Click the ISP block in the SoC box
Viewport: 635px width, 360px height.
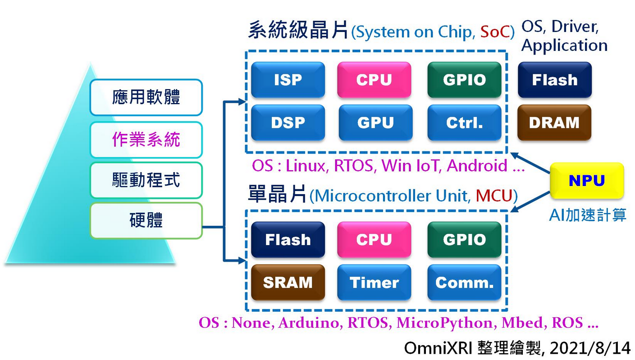288,80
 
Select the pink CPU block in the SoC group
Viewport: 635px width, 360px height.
374,80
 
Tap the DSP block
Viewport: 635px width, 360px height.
288,123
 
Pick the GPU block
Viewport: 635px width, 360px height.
375,123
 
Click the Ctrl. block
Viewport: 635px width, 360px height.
464,123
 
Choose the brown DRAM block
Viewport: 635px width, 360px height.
554,123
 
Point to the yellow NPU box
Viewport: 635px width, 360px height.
587,181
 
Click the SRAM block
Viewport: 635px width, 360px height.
288,283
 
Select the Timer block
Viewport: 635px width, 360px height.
374,283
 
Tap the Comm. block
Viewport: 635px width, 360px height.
464,283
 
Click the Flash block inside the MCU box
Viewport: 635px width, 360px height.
288,239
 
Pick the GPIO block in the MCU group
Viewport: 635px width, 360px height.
464,239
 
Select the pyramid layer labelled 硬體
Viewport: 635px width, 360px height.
146,220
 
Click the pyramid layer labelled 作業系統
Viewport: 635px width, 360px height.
146,140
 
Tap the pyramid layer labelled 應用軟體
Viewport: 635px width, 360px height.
146,97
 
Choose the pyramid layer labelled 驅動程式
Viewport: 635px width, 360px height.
146,180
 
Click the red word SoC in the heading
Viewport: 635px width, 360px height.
494,32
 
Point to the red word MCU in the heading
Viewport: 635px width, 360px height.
494,196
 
